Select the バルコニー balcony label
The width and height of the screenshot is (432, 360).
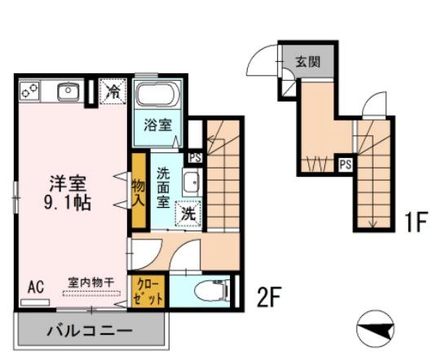pyautogui.click(x=89, y=331)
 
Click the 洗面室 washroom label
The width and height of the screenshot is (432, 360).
pyautogui.click(x=163, y=186)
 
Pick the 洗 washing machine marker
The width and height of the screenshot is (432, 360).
pyautogui.click(x=188, y=214)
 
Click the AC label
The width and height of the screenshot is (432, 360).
pyautogui.click(x=35, y=286)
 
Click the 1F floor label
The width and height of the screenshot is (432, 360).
pyautogui.click(x=415, y=221)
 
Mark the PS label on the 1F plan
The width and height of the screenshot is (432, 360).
pyautogui.click(x=345, y=164)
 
